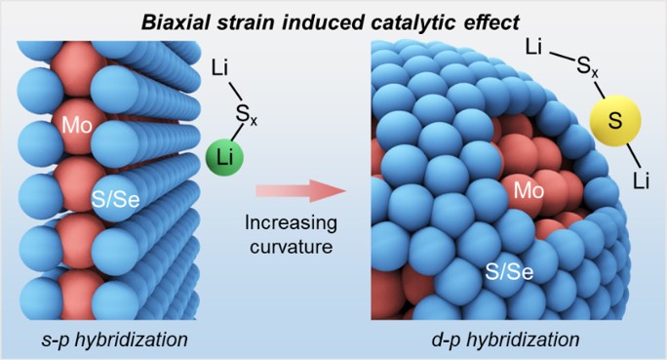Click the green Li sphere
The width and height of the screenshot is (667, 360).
click(x=224, y=157)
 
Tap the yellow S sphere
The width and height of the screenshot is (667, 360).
click(x=615, y=120)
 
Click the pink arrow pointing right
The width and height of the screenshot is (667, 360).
click(x=300, y=190)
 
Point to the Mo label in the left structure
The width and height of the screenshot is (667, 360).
click(x=77, y=126)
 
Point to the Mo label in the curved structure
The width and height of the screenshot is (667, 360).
click(x=529, y=190)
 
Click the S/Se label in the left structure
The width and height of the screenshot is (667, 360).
click(x=116, y=200)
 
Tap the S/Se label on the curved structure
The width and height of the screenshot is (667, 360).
click(x=509, y=271)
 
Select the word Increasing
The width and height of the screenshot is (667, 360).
click(x=291, y=223)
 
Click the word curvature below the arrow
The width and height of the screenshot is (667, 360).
click(x=291, y=247)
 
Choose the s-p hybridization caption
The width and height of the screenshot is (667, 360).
click(x=114, y=340)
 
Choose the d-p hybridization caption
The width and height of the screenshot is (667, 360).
click(x=505, y=340)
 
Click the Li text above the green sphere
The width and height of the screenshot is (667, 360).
click(x=219, y=68)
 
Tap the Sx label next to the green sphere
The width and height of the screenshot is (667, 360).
click(x=247, y=115)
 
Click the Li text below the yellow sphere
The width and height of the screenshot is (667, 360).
click(x=641, y=180)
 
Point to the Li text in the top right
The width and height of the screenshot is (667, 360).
click(x=533, y=47)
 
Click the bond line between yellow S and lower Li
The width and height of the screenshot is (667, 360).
click(x=634, y=155)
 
